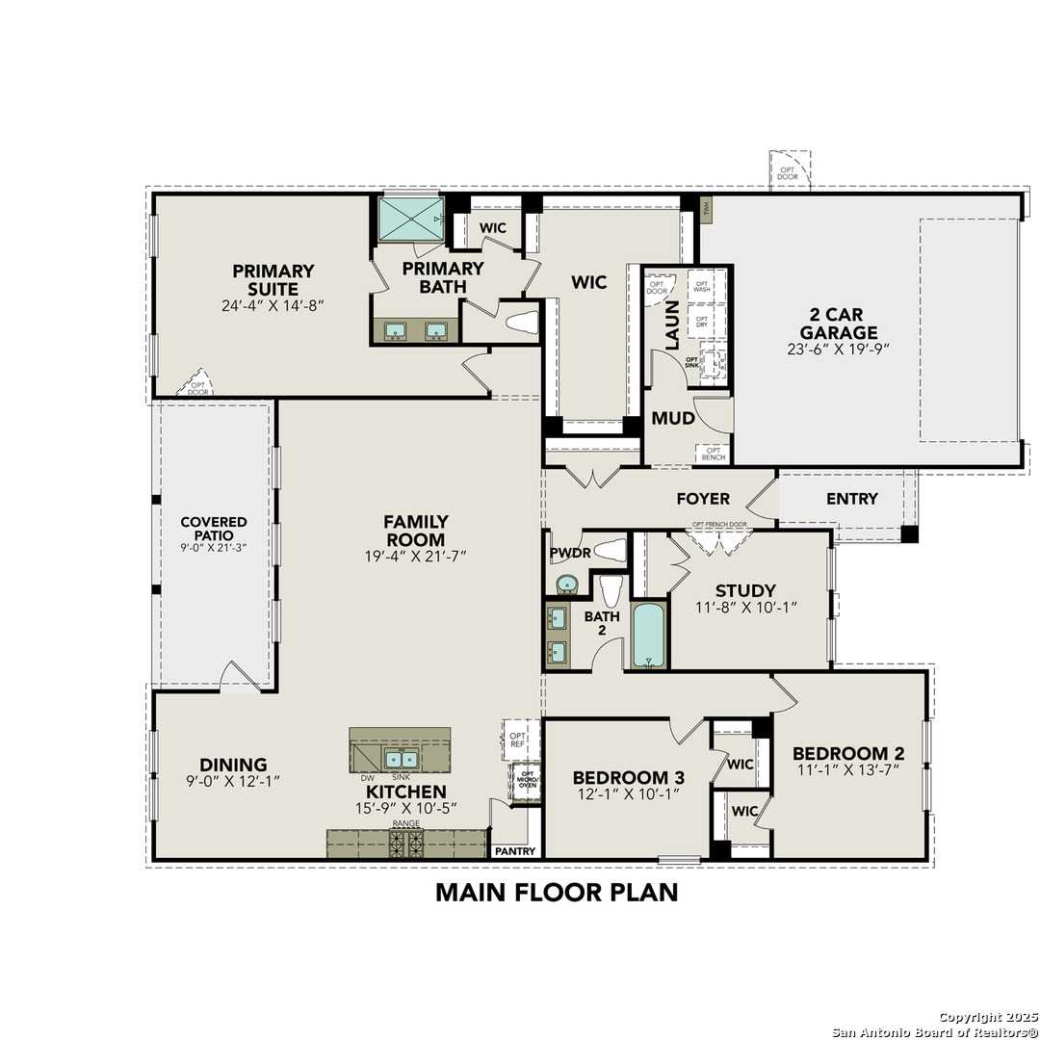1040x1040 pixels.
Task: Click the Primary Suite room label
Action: coord(273,280)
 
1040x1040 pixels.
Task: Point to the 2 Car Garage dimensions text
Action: coord(837,350)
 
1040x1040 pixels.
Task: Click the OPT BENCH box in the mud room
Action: coord(715,453)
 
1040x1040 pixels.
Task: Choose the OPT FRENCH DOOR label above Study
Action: coord(718,525)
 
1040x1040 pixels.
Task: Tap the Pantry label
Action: coord(514,851)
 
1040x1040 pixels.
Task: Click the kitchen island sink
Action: coord(403,758)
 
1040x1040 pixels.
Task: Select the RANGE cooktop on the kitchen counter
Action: coord(405,843)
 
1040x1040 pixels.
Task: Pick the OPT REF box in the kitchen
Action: coord(517,738)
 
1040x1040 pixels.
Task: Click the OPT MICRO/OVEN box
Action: coord(527,779)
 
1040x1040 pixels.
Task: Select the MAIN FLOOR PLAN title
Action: coord(557,892)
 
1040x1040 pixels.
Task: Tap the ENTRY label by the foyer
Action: coord(851,499)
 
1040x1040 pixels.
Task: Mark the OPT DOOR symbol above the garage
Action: coord(788,170)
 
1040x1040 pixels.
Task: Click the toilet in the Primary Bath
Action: coord(521,323)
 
